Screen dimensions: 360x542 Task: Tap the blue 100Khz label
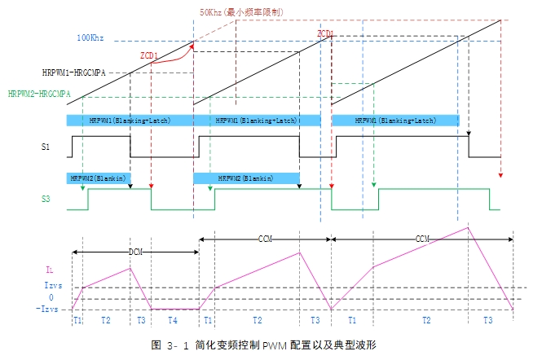pos(91,38)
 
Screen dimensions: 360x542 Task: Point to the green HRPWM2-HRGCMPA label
pos(40,94)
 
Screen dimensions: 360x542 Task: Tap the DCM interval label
pos(136,252)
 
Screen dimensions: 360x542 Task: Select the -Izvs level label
pos(47,309)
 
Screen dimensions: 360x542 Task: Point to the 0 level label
pos(51,298)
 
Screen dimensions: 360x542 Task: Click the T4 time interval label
pos(172,321)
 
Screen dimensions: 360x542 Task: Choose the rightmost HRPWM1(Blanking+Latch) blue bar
pos(394,120)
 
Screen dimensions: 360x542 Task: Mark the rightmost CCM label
pos(422,239)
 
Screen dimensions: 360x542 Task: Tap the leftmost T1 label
pos(78,321)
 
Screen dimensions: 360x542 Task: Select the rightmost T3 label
pos(487,321)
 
